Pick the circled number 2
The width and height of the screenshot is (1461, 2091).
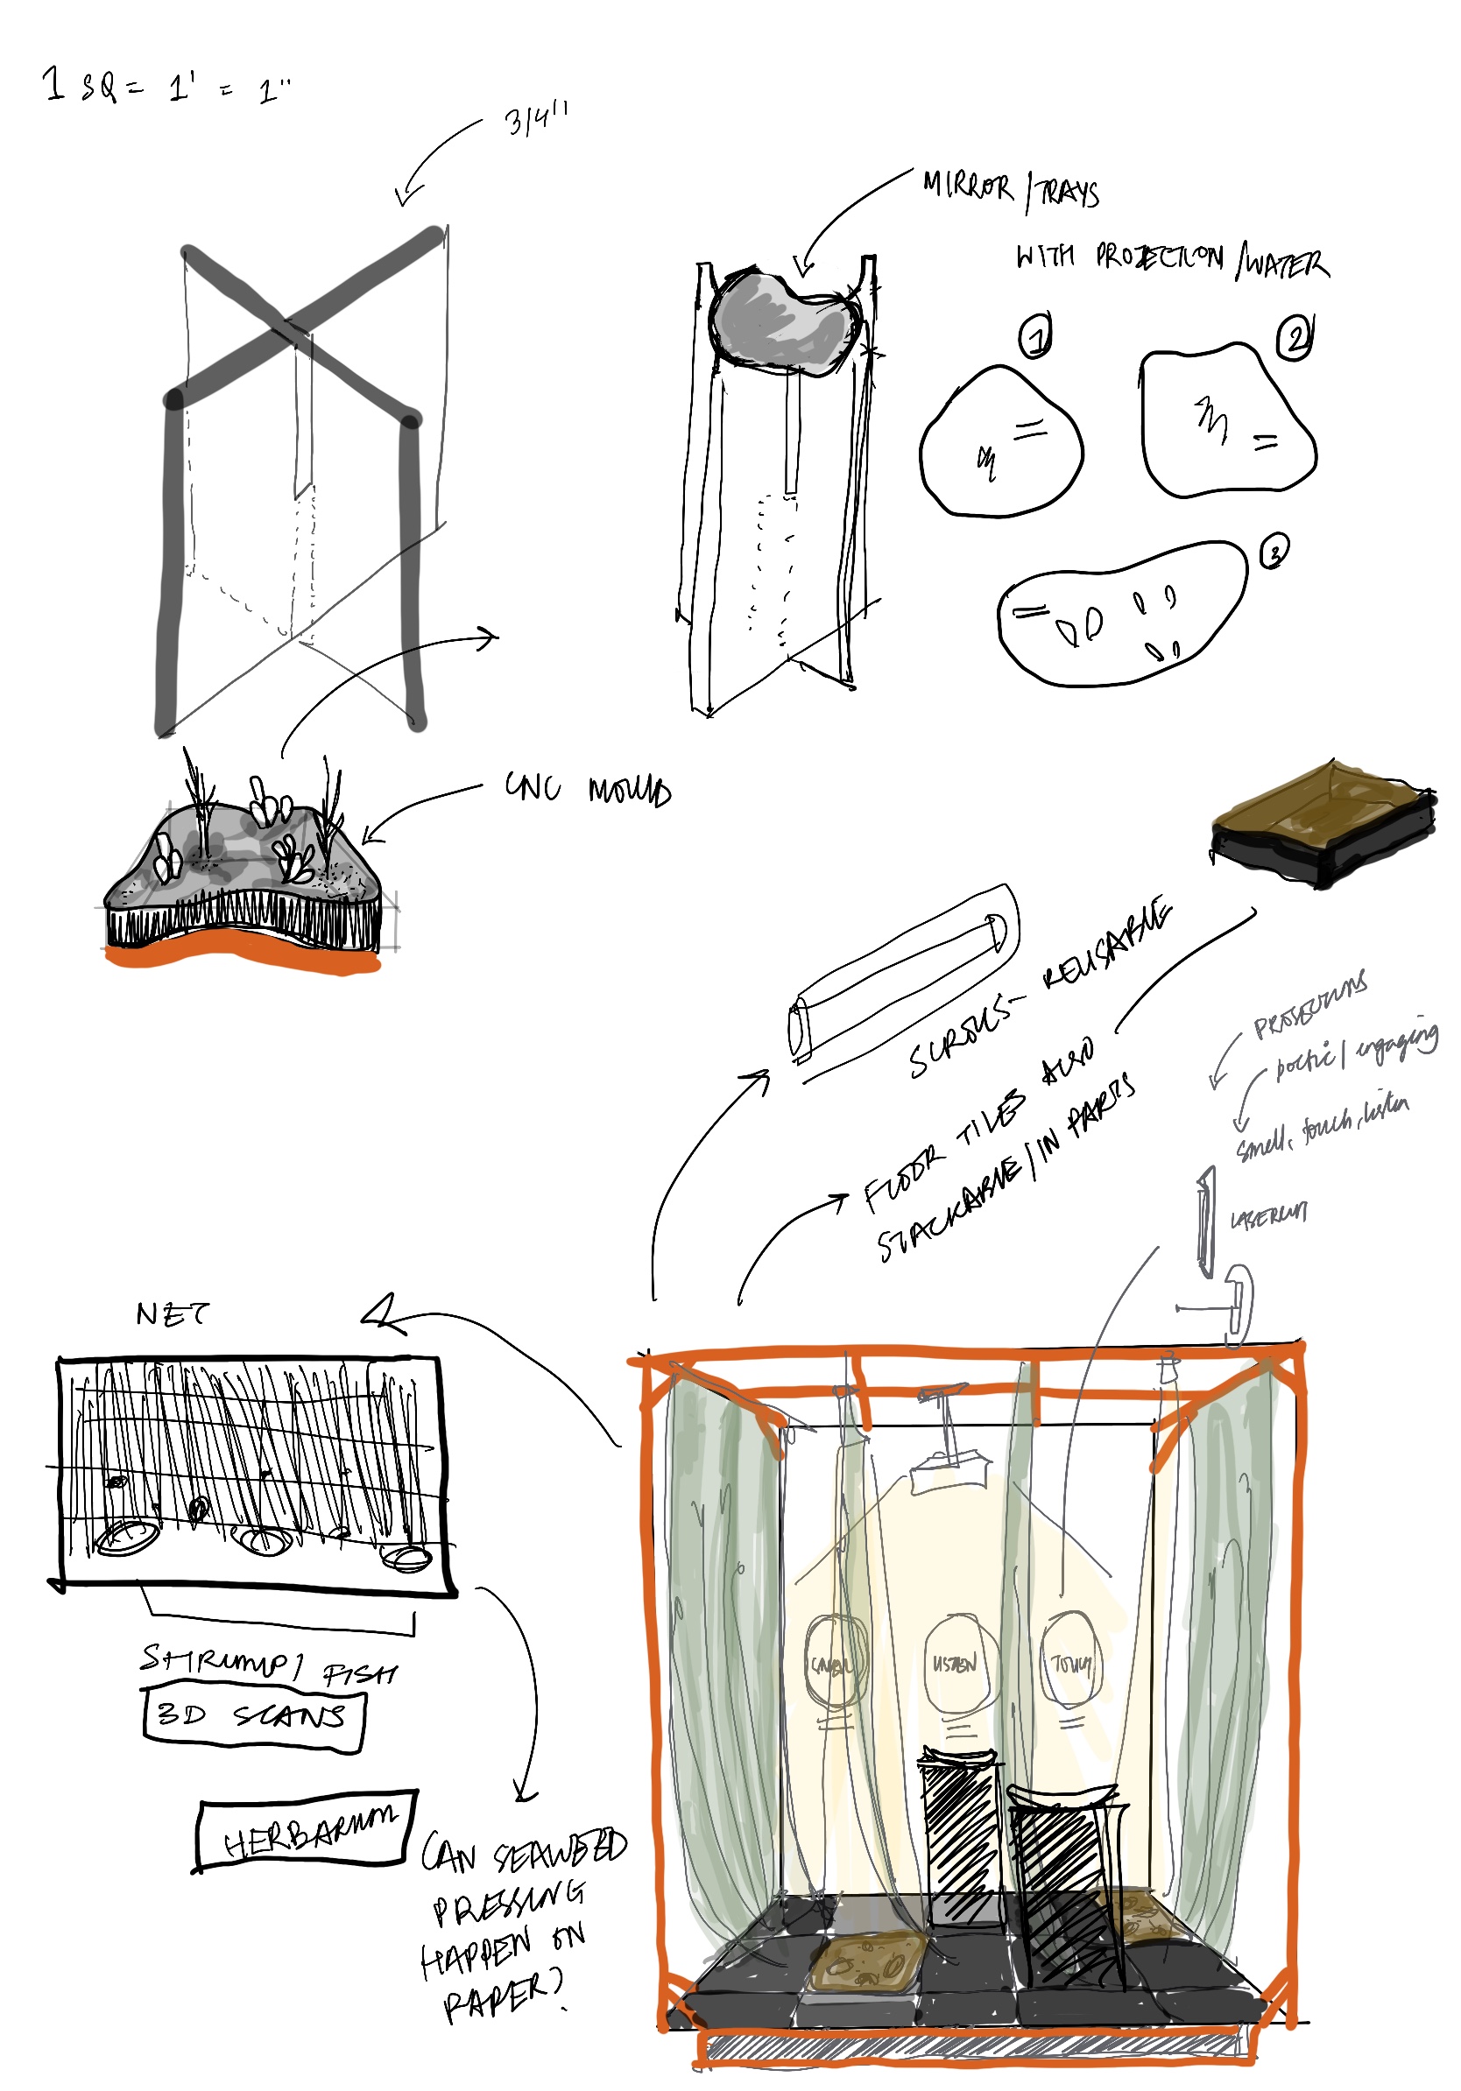pos(1295,339)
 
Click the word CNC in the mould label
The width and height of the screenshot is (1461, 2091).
pos(533,787)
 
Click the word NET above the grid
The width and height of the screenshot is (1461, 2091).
pos(173,1313)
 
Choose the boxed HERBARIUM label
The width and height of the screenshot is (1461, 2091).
pos(307,1831)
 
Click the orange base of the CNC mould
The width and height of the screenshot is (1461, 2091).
pos(242,954)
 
